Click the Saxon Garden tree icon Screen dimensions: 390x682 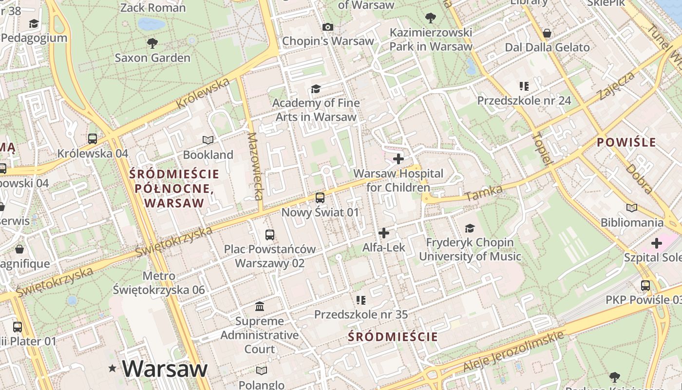tap(152, 43)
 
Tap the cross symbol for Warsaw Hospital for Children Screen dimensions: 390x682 tap(398, 159)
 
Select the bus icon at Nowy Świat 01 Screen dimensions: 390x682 tap(320, 197)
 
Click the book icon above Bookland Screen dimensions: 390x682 tap(208, 140)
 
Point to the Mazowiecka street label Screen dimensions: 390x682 tap(255, 166)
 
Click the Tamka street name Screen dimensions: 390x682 tap(484, 193)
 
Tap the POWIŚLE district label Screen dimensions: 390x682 tap(626, 142)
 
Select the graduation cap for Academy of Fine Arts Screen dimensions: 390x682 tap(316, 89)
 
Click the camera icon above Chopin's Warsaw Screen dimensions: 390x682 tap(328, 27)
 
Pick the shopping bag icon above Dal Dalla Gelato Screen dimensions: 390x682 tap(547, 33)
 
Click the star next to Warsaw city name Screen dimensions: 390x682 tap(113, 369)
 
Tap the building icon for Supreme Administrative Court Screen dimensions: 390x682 tap(260, 307)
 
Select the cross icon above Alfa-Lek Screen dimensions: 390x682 tap(384, 233)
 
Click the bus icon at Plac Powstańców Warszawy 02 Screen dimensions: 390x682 tap(270, 234)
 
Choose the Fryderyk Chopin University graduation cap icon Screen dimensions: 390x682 tap(470, 228)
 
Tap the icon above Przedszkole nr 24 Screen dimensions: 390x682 tap(524, 86)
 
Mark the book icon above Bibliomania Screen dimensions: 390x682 tap(632, 208)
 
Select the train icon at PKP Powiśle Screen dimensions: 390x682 tap(645, 286)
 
